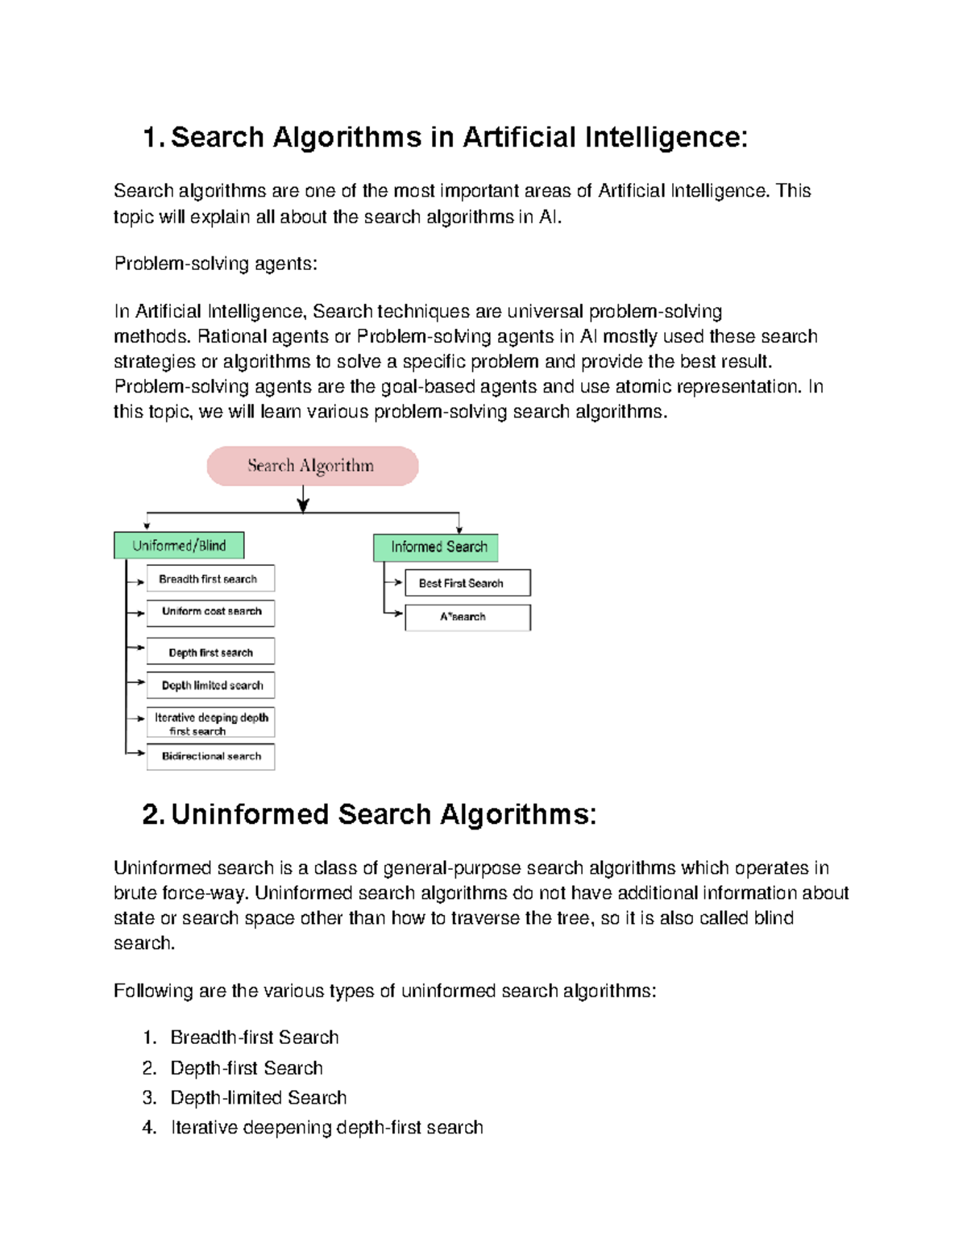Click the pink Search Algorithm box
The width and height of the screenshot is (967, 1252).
312,466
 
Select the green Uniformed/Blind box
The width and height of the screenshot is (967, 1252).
179,546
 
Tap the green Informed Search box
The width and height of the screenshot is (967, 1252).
436,547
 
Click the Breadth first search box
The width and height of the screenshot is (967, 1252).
210,579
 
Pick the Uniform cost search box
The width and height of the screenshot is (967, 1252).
210,613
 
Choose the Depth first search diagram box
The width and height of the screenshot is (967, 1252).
210,651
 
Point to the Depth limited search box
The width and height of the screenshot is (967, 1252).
210,685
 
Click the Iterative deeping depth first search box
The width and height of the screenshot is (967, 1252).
210,723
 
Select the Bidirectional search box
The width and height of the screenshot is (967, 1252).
210,757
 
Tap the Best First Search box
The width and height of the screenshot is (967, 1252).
467,583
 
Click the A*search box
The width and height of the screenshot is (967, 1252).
467,618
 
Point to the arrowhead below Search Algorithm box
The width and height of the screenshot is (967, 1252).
303,505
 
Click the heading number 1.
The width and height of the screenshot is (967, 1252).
151,138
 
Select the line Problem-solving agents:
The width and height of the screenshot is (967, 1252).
216,264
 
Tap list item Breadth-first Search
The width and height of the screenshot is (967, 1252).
254,1038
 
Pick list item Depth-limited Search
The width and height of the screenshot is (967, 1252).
258,1098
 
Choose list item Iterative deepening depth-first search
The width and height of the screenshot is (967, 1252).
326,1128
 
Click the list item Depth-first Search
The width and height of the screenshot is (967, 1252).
246,1068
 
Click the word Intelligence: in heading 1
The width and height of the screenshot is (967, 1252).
666,138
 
